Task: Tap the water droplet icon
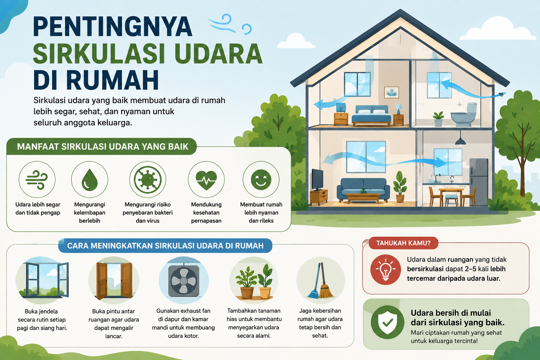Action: [x=90, y=180]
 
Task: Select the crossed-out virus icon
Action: [x=148, y=180]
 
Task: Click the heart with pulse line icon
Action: [x=206, y=181]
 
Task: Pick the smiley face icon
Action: [x=261, y=180]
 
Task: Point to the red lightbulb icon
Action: [x=385, y=270]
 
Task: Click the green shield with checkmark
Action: [x=387, y=322]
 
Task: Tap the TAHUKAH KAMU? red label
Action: [x=403, y=243]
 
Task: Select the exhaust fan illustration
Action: [x=184, y=281]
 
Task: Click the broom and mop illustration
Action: [x=321, y=281]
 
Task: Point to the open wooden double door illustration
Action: [x=114, y=281]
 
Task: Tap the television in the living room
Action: [x=317, y=180]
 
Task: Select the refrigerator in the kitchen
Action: [x=479, y=182]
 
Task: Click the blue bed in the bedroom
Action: [x=372, y=116]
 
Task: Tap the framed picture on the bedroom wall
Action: [x=392, y=92]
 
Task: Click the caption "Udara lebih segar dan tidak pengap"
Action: [x=38, y=208]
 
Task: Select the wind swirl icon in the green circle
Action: [x=37, y=180]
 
